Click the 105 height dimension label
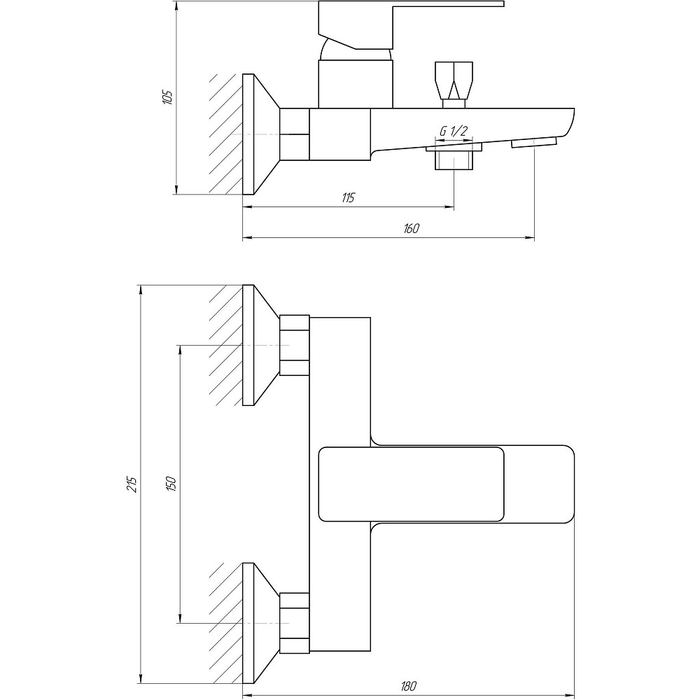(x=167, y=97)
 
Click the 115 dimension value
(x=348, y=197)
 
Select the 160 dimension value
(x=411, y=229)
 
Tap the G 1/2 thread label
(x=454, y=131)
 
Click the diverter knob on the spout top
(x=454, y=80)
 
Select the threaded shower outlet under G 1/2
(x=454, y=160)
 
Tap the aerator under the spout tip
(x=534, y=143)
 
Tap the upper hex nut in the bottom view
(x=294, y=345)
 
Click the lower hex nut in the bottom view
(x=294, y=622)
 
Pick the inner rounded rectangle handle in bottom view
(x=411, y=484)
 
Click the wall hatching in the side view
(x=225, y=134)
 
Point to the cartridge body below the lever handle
(x=356, y=83)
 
